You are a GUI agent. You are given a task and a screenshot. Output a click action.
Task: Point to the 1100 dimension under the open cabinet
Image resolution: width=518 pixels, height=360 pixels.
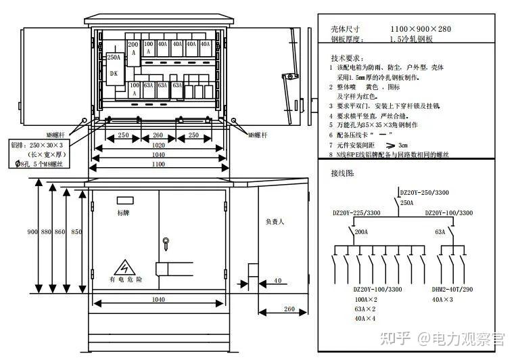158,164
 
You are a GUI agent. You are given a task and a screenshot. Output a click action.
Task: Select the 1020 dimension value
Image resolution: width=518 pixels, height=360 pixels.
158,144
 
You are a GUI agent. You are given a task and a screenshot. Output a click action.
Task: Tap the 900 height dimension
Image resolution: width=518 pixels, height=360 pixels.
32,231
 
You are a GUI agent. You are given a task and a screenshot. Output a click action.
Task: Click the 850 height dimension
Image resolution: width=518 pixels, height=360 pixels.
76,231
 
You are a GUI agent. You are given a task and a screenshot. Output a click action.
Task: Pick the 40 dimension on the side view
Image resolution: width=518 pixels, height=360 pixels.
278,279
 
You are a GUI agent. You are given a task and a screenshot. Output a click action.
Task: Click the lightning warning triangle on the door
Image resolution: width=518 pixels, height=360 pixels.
124,267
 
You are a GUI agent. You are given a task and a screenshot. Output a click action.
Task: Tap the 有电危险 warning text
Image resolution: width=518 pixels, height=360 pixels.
125,279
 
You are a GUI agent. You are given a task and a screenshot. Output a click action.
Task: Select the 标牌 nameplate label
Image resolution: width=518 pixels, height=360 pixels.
123,212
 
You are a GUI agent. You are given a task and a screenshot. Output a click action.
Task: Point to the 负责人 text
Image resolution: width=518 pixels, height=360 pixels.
275,222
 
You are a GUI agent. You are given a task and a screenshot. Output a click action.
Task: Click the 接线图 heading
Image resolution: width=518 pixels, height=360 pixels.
343,173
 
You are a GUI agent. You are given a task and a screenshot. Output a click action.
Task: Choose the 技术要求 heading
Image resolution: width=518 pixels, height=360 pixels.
348,58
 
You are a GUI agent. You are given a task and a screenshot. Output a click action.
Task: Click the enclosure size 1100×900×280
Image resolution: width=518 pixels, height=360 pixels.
420,29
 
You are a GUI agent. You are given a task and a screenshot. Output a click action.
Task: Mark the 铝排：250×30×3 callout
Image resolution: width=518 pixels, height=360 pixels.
37,145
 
